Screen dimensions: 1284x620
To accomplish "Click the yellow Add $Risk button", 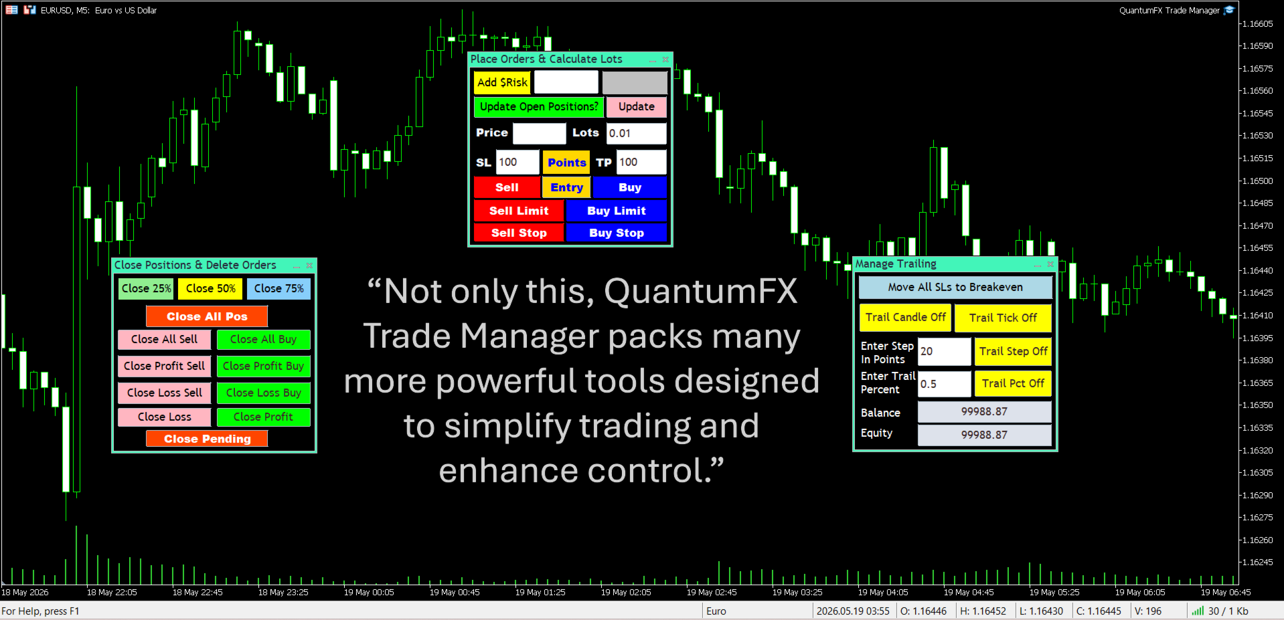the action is (502, 82).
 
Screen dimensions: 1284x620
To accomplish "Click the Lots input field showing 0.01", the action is (636, 133).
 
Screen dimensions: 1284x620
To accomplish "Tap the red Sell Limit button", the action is (519, 211).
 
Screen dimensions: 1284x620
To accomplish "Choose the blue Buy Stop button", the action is (617, 233).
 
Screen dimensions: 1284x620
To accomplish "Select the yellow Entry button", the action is (566, 187).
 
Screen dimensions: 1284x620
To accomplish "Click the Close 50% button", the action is (210, 288).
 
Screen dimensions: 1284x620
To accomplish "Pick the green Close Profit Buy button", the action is (263, 366).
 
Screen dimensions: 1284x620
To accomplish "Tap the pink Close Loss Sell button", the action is (165, 393).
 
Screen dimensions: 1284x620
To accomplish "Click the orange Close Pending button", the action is (208, 439).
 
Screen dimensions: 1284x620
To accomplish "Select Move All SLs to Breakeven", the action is (955, 287).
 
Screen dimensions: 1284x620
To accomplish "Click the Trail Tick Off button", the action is (1003, 318).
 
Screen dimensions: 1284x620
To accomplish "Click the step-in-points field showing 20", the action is (944, 351).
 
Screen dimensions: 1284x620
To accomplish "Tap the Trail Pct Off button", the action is (1013, 383).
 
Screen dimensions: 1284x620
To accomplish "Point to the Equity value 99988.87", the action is (984, 435).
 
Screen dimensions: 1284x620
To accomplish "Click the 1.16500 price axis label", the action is (1257, 181).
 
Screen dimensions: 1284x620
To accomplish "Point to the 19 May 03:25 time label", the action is (797, 592).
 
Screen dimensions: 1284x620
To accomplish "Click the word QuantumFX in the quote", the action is (701, 292).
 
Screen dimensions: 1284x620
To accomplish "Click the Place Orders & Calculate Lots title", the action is (546, 59).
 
